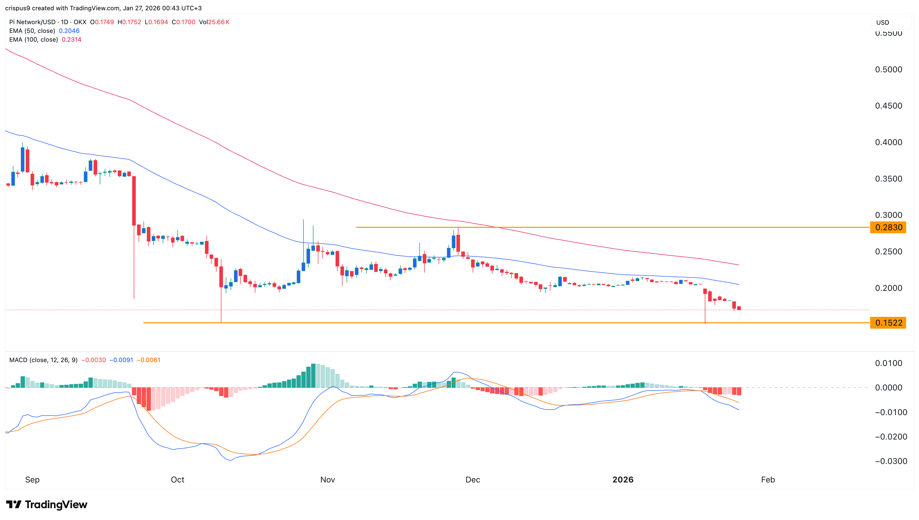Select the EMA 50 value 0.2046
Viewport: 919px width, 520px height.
[69, 31]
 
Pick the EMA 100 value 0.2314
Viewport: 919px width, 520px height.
[71, 40]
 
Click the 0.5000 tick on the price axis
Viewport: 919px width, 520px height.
[888, 70]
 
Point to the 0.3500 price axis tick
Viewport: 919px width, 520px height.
[888, 179]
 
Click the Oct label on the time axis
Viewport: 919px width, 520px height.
[177, 480]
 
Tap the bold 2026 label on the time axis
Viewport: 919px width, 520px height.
[623, 480]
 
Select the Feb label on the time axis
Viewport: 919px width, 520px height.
[768, 480]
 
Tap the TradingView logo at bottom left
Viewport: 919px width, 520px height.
[47, 505]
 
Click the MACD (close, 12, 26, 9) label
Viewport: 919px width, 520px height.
[43, 360]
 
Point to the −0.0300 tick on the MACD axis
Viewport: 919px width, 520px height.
[891, 461]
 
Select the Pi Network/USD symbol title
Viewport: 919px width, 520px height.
[32, 22]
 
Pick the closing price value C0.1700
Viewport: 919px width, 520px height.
[184, 22]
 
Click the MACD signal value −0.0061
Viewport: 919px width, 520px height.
[149, 360]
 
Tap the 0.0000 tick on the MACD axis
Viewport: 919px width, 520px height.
[888, 388]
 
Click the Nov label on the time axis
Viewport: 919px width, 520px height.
[327, 480]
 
